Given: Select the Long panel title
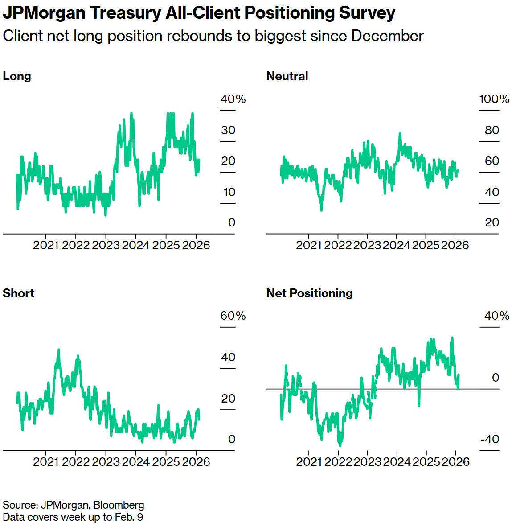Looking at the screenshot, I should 17,76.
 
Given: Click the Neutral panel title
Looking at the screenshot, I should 287,76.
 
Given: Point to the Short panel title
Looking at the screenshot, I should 18,293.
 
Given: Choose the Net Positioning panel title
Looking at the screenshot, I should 309,293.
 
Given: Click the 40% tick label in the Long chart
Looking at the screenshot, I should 233,99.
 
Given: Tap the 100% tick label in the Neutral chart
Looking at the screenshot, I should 494,99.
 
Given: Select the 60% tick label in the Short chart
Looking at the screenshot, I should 233,316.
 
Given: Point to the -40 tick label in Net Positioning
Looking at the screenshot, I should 489,439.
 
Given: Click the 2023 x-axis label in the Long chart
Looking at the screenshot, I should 106,245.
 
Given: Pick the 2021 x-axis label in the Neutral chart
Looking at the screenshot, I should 309,245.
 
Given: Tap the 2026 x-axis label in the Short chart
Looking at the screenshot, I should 196,461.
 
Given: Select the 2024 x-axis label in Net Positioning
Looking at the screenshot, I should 397,461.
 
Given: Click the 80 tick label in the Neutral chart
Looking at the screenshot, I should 492,130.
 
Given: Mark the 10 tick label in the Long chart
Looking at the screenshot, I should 229,192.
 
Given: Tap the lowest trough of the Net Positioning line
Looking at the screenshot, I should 340,445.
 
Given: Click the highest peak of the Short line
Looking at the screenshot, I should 58,350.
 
